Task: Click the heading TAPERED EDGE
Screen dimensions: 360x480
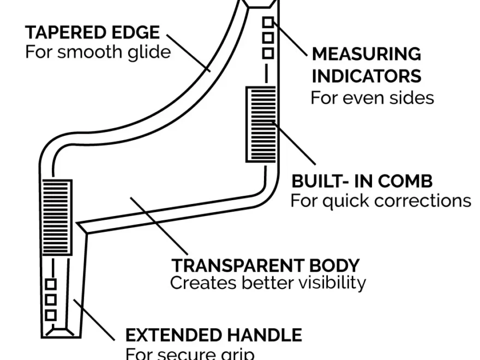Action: click(92, 33)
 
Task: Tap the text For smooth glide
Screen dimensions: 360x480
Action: click(98, 52)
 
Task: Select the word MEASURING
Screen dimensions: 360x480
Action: click(366, 54)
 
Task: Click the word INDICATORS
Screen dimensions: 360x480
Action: click(366, 75)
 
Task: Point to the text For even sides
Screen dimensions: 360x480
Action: click(372, 98)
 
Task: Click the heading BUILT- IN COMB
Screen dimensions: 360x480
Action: click(362, 181)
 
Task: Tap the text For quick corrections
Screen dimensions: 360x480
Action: click(380, 200)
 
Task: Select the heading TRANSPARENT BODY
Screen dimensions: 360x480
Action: click(266, 265)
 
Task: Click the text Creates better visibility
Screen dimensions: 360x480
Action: click(267, 283)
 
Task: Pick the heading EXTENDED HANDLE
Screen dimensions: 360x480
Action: click(213, 334)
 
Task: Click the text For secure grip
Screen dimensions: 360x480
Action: click(190, 353)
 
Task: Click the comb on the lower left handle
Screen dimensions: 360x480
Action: click(56, 217)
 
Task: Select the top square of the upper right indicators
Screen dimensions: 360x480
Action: click(268, 22)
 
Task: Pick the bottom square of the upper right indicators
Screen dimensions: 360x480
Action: click(268, 53)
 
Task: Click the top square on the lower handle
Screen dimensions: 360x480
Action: click(51, 284)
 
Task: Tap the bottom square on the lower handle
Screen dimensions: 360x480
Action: click(51, 315)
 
